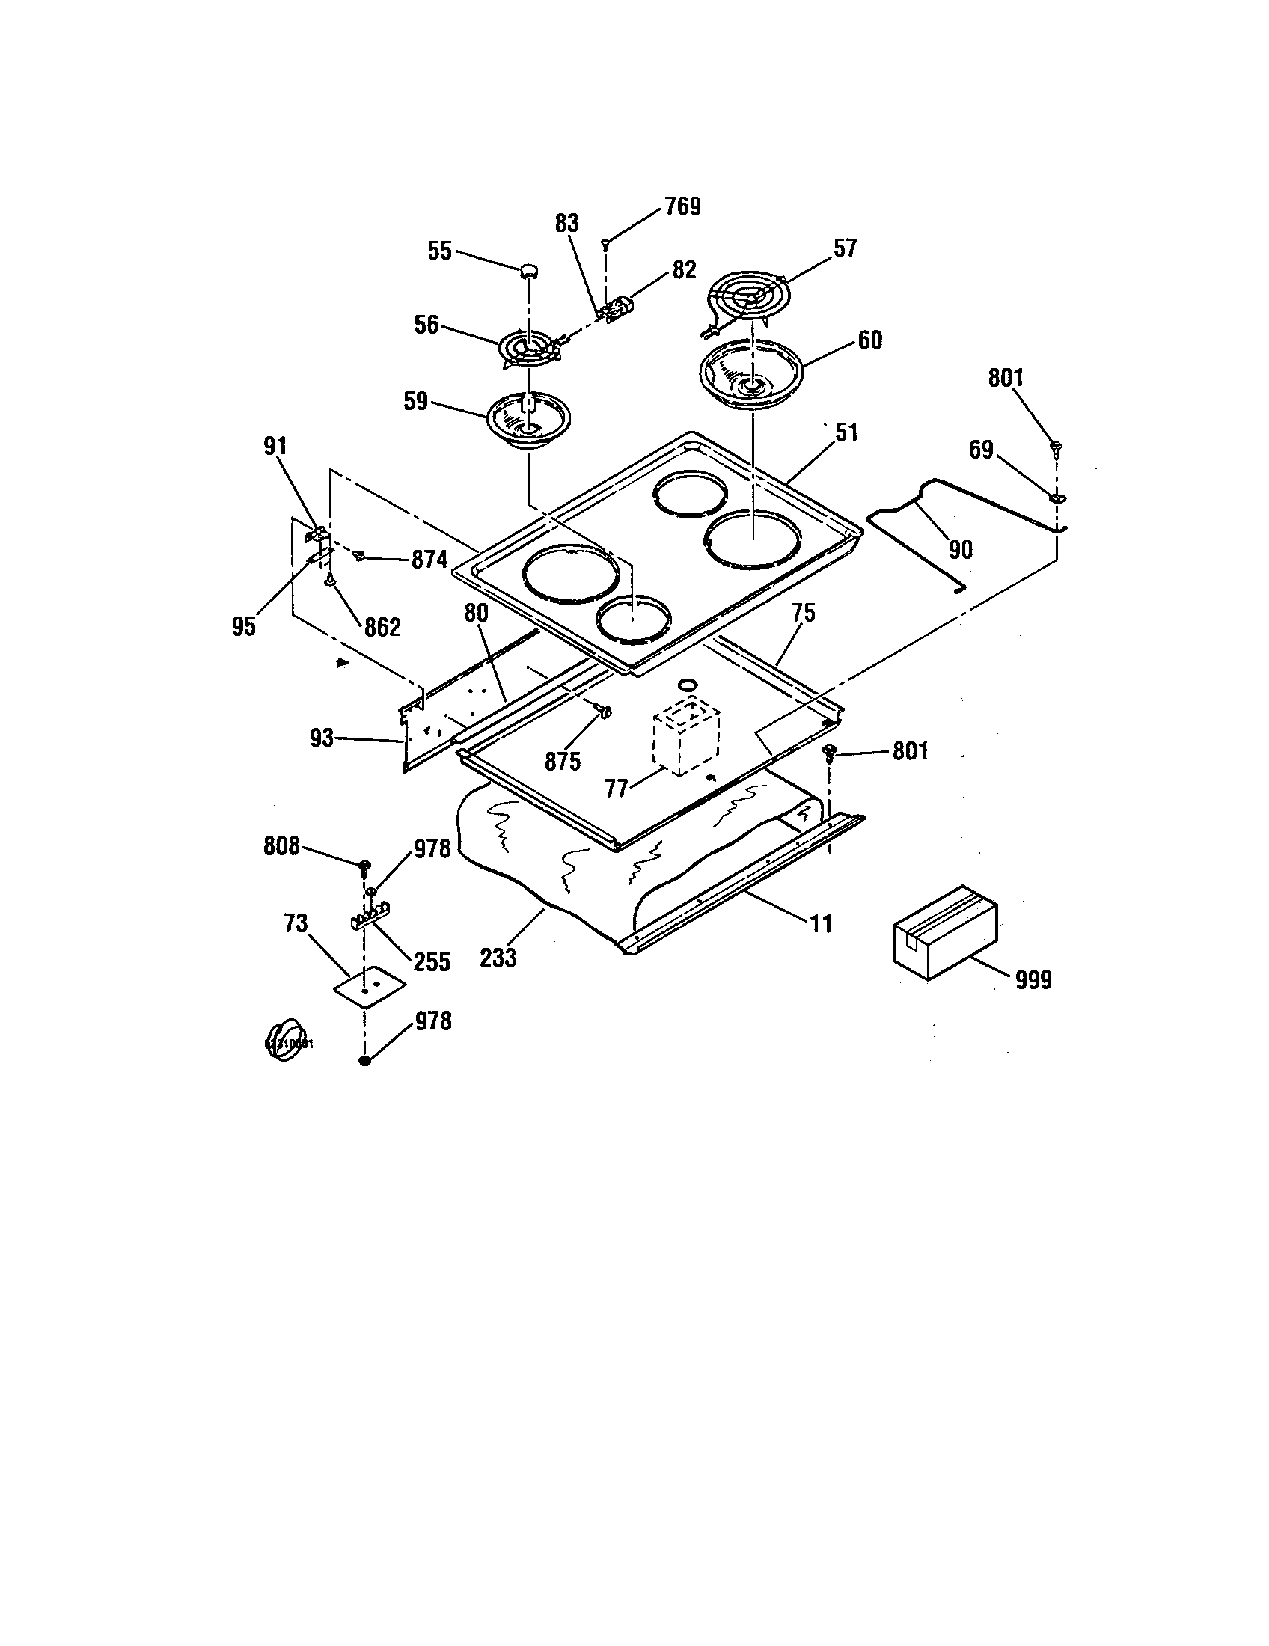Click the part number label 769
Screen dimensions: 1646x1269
pos(682,206)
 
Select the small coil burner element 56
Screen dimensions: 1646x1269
pos(528,351)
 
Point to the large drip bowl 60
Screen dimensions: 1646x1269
pos(750,374)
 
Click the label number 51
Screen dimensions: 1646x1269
pos(846,432)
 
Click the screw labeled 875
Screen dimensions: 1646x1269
pos(603,710)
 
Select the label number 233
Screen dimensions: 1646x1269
pos(498,958)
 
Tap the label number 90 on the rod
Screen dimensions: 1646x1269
pos(960,549)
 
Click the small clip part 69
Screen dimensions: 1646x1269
pos(1056,497)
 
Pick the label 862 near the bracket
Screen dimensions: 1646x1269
pos(382,627)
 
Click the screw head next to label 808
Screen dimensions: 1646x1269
pos(364,863)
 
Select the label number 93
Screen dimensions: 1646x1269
pos(322,738)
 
